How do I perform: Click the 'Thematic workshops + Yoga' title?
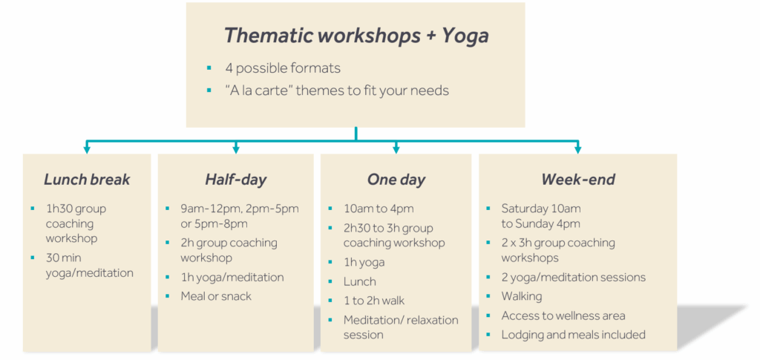coord(356,36)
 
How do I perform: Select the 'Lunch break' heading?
coord(87,180)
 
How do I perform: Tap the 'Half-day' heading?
coord(235,180)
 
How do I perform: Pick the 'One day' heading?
coord(396,180)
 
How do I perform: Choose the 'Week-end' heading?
coord(577,180)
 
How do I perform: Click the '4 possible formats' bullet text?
coord(283,68)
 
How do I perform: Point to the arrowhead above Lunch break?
coord(87,149)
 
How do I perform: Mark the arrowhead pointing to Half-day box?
coord(236,149)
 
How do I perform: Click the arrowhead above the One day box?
coord(396,149)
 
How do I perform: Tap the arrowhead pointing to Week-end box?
coord(577,149)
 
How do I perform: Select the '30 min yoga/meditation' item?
coord(89,265)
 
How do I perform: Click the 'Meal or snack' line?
coord(216,296)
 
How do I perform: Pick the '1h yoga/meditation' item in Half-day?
coord(232,278)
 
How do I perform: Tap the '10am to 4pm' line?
coord(379,209)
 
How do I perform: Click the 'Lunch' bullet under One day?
coord(360,281)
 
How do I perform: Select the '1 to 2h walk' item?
coord(374,301)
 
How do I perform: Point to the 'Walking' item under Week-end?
coord(522,296)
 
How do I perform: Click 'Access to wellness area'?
coord(563,316)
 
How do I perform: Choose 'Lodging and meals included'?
coord(574,335)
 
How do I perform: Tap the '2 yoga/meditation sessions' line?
coord(574,278)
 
